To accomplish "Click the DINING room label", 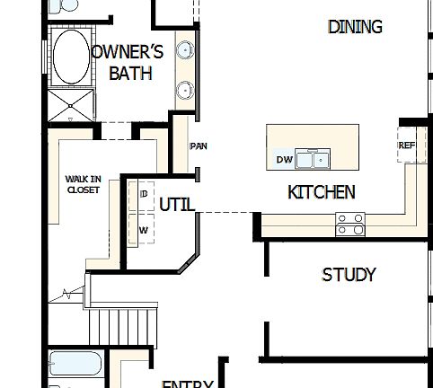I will tap(355, 27).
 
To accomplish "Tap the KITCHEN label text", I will tap(321, 192).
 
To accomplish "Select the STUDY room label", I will tap(349, 275).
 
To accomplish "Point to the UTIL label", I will tap(177, 205).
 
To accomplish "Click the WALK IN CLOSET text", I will tap(83, 184).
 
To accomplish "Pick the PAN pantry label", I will tap(199, 146).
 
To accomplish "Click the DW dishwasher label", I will tap(284, 160).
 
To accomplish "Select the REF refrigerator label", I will tap(407, 145).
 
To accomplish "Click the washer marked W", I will tap(143, 230).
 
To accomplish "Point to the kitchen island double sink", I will tap(313, 160).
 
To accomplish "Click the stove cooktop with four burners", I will tap(349, 224).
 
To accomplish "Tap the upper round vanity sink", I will tap(184, 50).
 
